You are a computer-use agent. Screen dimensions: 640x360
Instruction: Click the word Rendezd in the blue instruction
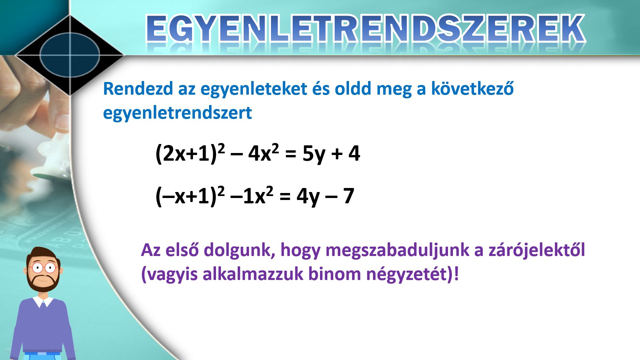pyautogui.click(x=138, y=89)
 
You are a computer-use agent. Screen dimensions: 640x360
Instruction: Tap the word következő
pyautogui.click(x=472, y=88)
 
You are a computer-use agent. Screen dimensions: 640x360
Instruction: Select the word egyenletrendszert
pyautogui.click(x=177, y=113)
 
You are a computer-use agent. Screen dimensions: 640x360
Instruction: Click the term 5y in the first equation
pyautogui.click(x=314, y=154)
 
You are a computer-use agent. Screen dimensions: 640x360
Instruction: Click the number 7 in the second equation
pyautogui.click(x=348, y=196)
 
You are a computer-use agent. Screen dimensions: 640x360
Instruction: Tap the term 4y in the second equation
pyautogui.click(x=308, y=197)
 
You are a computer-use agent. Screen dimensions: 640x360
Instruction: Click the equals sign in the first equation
pyautogui.click(x=291, y=154)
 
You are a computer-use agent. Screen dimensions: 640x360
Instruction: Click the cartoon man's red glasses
pyautogui.click(x=44, y=267)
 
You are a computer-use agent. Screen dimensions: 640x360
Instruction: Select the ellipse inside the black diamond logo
pyautogui.click(x=70, y=55)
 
